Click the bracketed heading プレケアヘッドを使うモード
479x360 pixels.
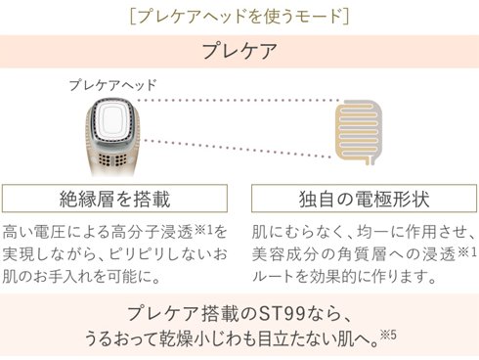(x=239, y=16)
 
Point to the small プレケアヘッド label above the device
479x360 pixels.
(x=111, y=86)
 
